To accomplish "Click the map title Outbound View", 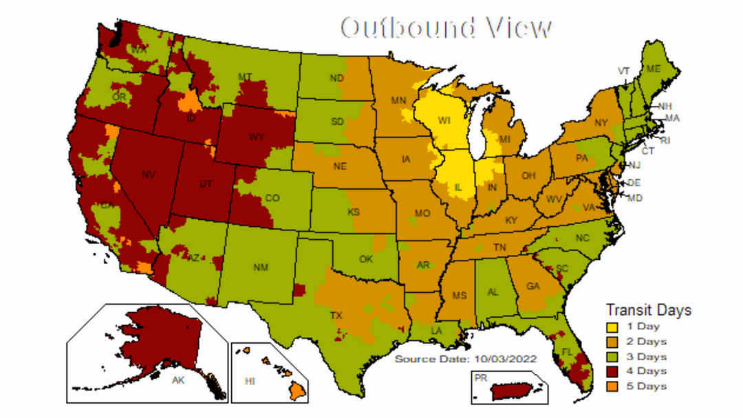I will [x=446, y=27].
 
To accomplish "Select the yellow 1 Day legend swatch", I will [x=610, y=327].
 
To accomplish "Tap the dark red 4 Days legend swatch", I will [x=610, y=371].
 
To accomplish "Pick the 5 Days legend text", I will [x=646, y=386].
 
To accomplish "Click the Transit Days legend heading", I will [x=648, y=310].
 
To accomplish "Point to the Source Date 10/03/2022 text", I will [x=466, y=359].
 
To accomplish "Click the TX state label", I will [x=336, y=316].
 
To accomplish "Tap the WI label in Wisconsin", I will [x=444, y=121].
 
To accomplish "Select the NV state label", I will [x=148, y=175].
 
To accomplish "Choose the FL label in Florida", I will [x=567, y=351].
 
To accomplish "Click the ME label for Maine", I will [x=653, y=69].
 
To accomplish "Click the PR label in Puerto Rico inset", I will [x=480, y=377].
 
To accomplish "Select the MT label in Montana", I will [x=244, y=76].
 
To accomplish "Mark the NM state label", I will [x=261, y=267].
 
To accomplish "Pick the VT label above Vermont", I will [x=624, y=71].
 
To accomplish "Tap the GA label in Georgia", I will [x=532, y=286].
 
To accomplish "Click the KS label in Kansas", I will [x=354, y=212].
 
